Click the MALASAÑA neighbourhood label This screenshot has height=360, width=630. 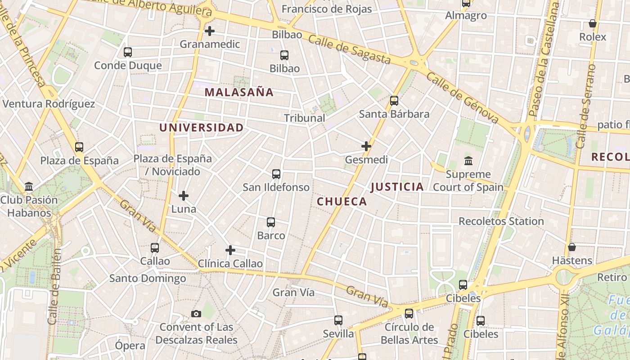coord(239,92)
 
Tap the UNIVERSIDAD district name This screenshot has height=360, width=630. coord(201,127)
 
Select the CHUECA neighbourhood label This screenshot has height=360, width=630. coord(342,201)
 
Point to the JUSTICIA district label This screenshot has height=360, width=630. coord(397,186)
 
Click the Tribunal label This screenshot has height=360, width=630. coord(304,118)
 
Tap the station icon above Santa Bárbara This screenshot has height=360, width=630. coord(394,101)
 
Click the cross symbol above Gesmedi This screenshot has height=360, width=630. coord(366,146)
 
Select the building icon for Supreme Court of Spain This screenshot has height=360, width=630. coord(468,161)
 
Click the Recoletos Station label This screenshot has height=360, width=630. coord(501,221)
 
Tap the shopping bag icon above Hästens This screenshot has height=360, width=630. coord(572,247)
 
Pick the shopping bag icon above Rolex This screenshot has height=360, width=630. coord(593,23)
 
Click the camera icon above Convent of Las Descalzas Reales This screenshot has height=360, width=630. coord(196,314)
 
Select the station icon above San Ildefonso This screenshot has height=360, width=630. coord(276,174)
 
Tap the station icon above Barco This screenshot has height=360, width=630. coord(271,222)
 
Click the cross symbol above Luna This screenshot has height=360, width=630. coord(184,196)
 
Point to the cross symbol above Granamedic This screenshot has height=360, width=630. coord(209,31)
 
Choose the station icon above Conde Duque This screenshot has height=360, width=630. coord(128,52)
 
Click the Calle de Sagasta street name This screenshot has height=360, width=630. coord(349,49)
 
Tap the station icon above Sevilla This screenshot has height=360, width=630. coord(338,320)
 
